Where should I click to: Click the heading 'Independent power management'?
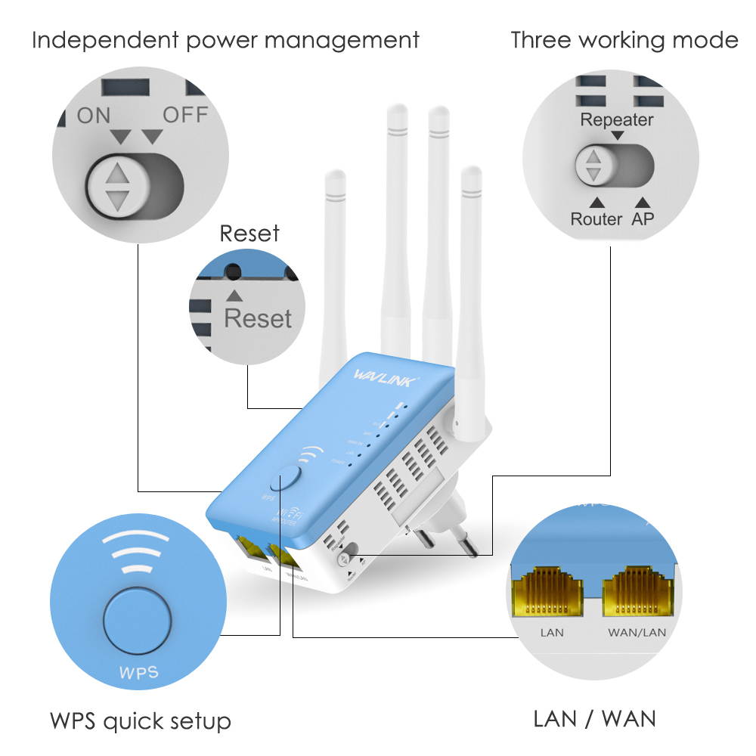[x=225, y=39]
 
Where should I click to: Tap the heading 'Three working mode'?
[x=624, y=39]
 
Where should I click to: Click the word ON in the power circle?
[x=93, y=116]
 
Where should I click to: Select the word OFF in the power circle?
[x=185, y=116]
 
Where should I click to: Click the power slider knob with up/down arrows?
[x=116, y=186]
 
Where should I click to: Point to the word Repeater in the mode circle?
[x=617, y=119]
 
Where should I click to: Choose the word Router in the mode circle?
[x=596, y=219]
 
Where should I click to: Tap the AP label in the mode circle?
[x=643, y=219]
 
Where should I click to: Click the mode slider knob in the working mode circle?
[x=594, y=165]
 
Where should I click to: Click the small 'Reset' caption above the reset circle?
[x=249, y=234]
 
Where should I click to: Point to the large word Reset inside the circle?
[x=257, y=318]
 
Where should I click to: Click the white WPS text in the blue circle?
[x=138, y=672]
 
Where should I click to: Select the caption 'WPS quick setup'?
[x=141, y=720]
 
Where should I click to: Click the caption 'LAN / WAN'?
[x=594, y=718]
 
